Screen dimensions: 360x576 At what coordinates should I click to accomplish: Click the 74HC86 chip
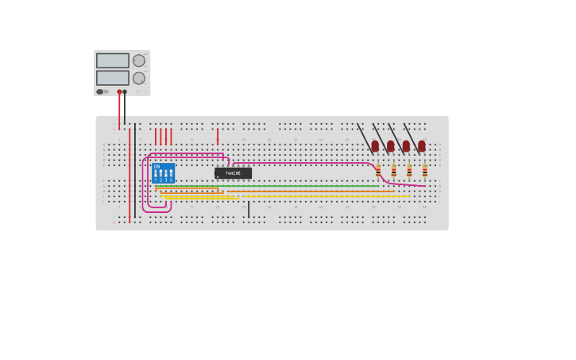click(233, 172)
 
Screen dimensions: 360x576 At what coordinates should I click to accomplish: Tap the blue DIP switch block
click(163, 173)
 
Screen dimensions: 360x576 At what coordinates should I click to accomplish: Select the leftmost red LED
click(375, 146)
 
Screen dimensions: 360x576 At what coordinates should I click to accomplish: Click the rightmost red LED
click(421, 146)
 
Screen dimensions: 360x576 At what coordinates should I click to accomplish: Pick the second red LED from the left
click(391, 146)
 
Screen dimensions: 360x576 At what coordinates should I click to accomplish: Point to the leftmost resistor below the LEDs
click(378, 170)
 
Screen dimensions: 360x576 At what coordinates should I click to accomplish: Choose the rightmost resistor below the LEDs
click(424, 170)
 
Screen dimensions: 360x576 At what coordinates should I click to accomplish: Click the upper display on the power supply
click(112, 60)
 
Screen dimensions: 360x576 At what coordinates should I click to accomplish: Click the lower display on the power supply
click(112, 78)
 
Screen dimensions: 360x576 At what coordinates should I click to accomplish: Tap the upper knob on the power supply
click(139, 60)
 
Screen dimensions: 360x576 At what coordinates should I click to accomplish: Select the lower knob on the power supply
click(139, 78)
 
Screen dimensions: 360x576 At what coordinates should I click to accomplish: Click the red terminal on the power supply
click(119, 91)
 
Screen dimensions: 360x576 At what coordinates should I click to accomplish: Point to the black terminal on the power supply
click(125, 91)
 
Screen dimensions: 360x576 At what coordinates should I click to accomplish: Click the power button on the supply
click(100, 91)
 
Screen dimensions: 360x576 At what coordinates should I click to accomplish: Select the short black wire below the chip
click(249, 209)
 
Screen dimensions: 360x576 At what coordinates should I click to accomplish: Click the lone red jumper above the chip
click(218, 137)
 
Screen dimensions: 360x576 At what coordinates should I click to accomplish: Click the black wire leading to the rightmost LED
click(411, 135)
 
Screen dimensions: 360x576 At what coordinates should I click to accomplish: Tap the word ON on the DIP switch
click(157, 167)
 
